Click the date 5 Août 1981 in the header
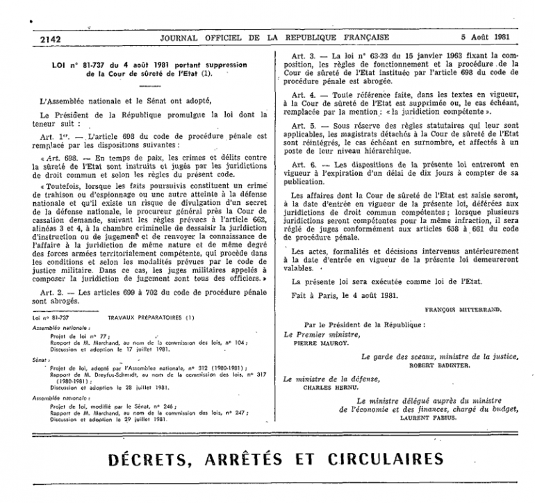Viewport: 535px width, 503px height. [x=486, y=37]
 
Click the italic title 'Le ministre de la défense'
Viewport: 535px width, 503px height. [x=332, y=379]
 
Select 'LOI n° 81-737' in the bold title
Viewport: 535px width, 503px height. [x=74, y=64]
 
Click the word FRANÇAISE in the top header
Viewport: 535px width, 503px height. [x=359, y=37]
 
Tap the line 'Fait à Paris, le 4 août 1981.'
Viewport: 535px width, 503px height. [x=345, y=294]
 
